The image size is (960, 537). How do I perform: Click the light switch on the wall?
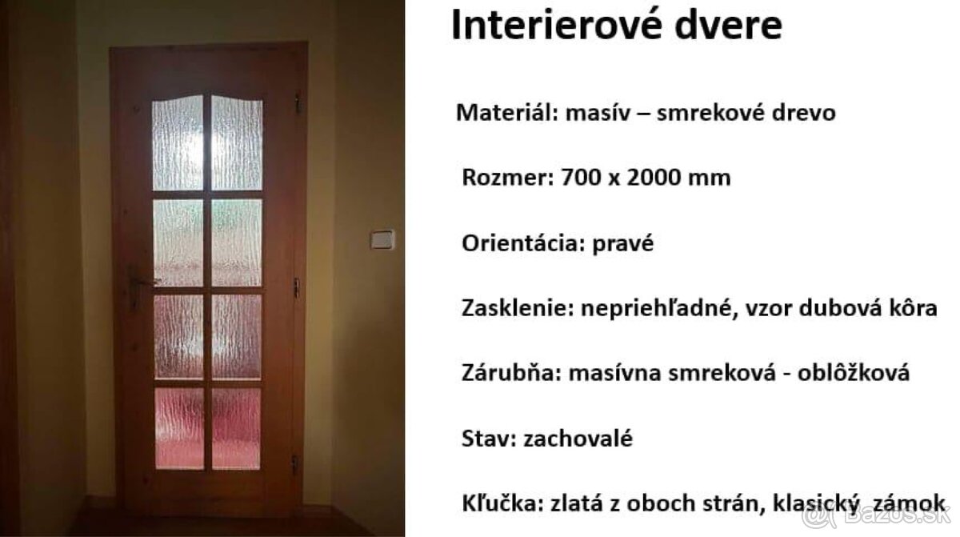click(382, 238)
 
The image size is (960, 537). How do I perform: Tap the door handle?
click(142, 282)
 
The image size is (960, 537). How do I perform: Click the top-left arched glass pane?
click(178, 142)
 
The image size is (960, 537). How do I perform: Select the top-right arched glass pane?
click(237, 142)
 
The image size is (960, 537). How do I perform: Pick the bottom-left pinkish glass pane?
click(178, 428)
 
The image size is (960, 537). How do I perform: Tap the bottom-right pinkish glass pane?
click(236, 428)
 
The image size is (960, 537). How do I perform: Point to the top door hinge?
click(298, 103)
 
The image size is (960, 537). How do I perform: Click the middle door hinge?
click(297, 287)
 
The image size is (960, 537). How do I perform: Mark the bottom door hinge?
click(295, 463)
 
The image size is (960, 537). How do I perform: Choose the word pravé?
click(623, 243)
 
